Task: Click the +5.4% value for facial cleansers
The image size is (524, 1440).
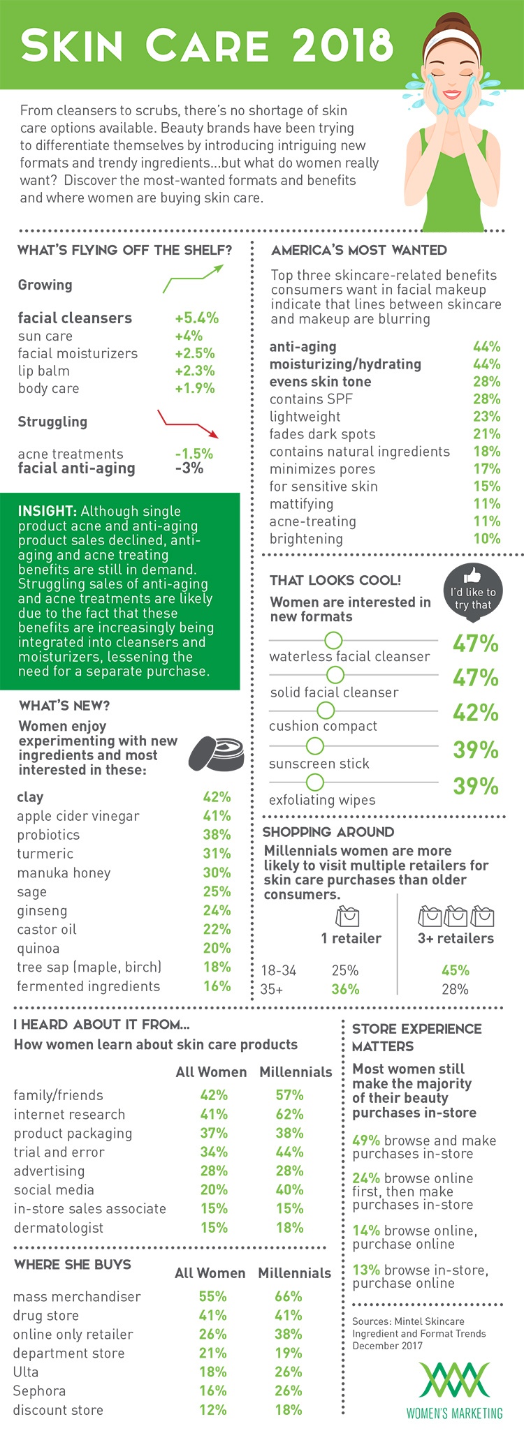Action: (196, 318)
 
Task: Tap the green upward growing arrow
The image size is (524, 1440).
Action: (193, 279)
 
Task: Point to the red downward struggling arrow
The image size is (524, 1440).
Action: (189, 424)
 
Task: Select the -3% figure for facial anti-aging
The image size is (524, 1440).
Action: (189, 468)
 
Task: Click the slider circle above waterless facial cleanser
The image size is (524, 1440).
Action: (333, 640)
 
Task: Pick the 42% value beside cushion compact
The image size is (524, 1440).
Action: (475, 713)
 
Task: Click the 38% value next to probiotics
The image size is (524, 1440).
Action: (217, 835)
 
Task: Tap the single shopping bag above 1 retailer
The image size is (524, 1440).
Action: (347, 915)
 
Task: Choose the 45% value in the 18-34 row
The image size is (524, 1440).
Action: (455, 970)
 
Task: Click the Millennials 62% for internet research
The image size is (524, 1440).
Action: (289, 1115)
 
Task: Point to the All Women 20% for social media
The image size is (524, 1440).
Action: (214, 1190)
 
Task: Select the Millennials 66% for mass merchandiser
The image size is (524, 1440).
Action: (289, 1297)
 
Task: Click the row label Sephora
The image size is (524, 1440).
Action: (39, 1391)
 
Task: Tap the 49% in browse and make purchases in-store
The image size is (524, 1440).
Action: (366, 1141)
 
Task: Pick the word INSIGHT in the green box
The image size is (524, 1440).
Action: (46, 512)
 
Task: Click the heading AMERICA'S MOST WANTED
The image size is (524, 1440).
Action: (358, 250)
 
